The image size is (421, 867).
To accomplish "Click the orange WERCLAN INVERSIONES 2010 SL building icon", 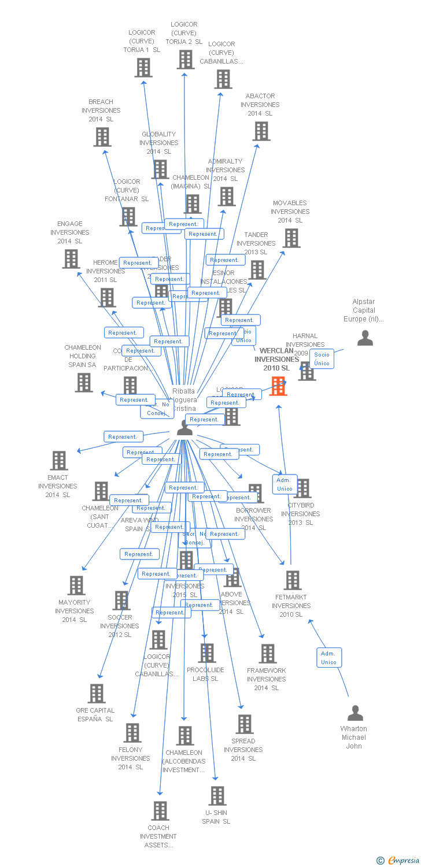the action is [278, 386].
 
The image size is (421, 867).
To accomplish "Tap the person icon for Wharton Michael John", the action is [355, 713].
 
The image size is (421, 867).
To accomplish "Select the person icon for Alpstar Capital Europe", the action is [365, 338].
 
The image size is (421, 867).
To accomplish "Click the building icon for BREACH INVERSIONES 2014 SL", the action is [102, 137].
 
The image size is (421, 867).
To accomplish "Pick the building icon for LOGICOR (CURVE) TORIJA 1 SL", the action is [143, 68].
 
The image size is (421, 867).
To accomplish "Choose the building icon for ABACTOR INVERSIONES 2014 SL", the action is [261, 131].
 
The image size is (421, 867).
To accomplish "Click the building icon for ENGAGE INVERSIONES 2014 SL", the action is [71, 259].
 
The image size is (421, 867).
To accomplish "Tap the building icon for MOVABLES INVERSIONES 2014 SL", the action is [291, 238].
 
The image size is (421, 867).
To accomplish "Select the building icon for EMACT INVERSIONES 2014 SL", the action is [59, 461].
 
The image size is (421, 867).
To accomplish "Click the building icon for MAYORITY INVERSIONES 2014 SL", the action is [76, 586].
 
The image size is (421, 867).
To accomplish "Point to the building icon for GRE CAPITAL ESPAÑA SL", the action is [97, 694].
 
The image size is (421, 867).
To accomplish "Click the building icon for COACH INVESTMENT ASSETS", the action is [160, 811].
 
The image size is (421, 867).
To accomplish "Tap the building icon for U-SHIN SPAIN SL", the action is [217, 796].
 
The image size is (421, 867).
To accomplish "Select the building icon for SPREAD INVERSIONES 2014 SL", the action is [244, 724].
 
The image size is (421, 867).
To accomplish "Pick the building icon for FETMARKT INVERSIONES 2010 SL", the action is [293, 580].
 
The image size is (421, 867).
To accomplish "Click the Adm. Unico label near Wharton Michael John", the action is [328, 658].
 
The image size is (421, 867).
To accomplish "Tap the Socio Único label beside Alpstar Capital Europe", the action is [322, 359].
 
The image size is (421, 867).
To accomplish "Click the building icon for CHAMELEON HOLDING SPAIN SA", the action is [84, 383].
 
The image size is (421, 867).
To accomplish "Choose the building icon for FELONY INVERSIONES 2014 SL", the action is [132, 733].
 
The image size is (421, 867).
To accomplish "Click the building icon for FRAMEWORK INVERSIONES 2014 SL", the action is [267, 654].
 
